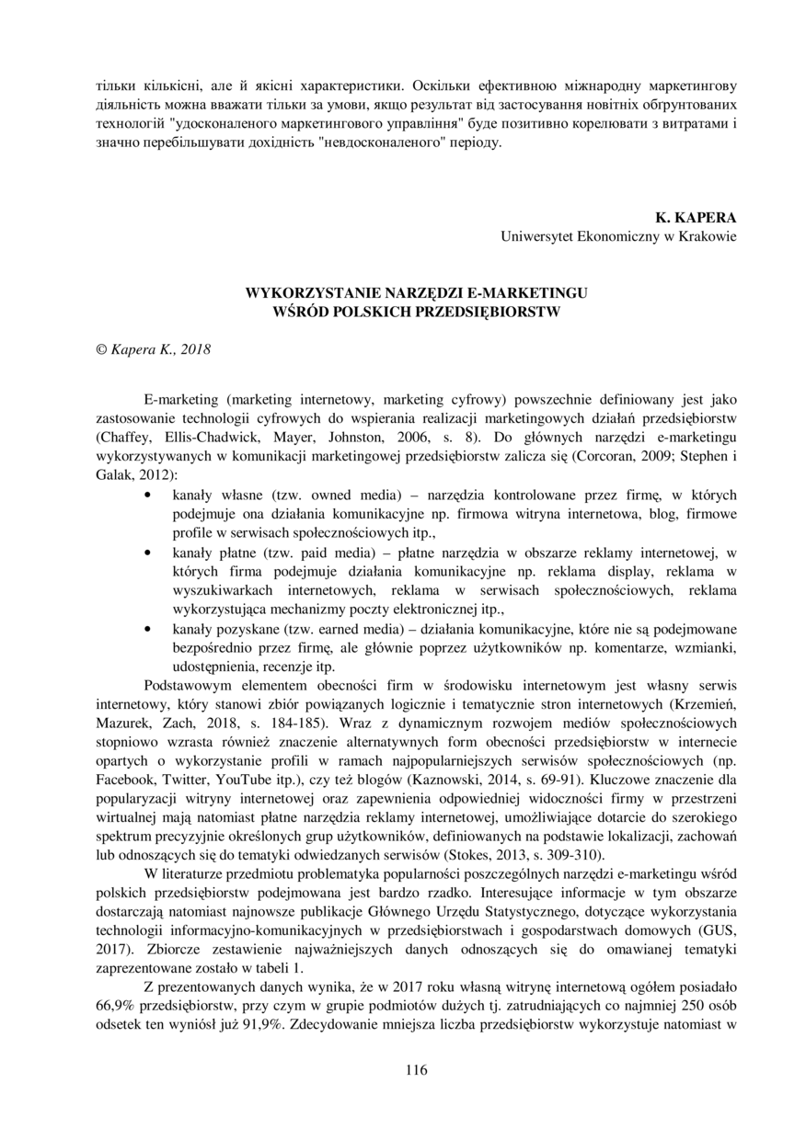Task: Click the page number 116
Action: click(416, 1069)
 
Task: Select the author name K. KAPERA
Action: click(696, 218)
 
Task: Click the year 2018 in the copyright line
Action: click(195, 349)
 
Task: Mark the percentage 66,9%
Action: click(116, 1003)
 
